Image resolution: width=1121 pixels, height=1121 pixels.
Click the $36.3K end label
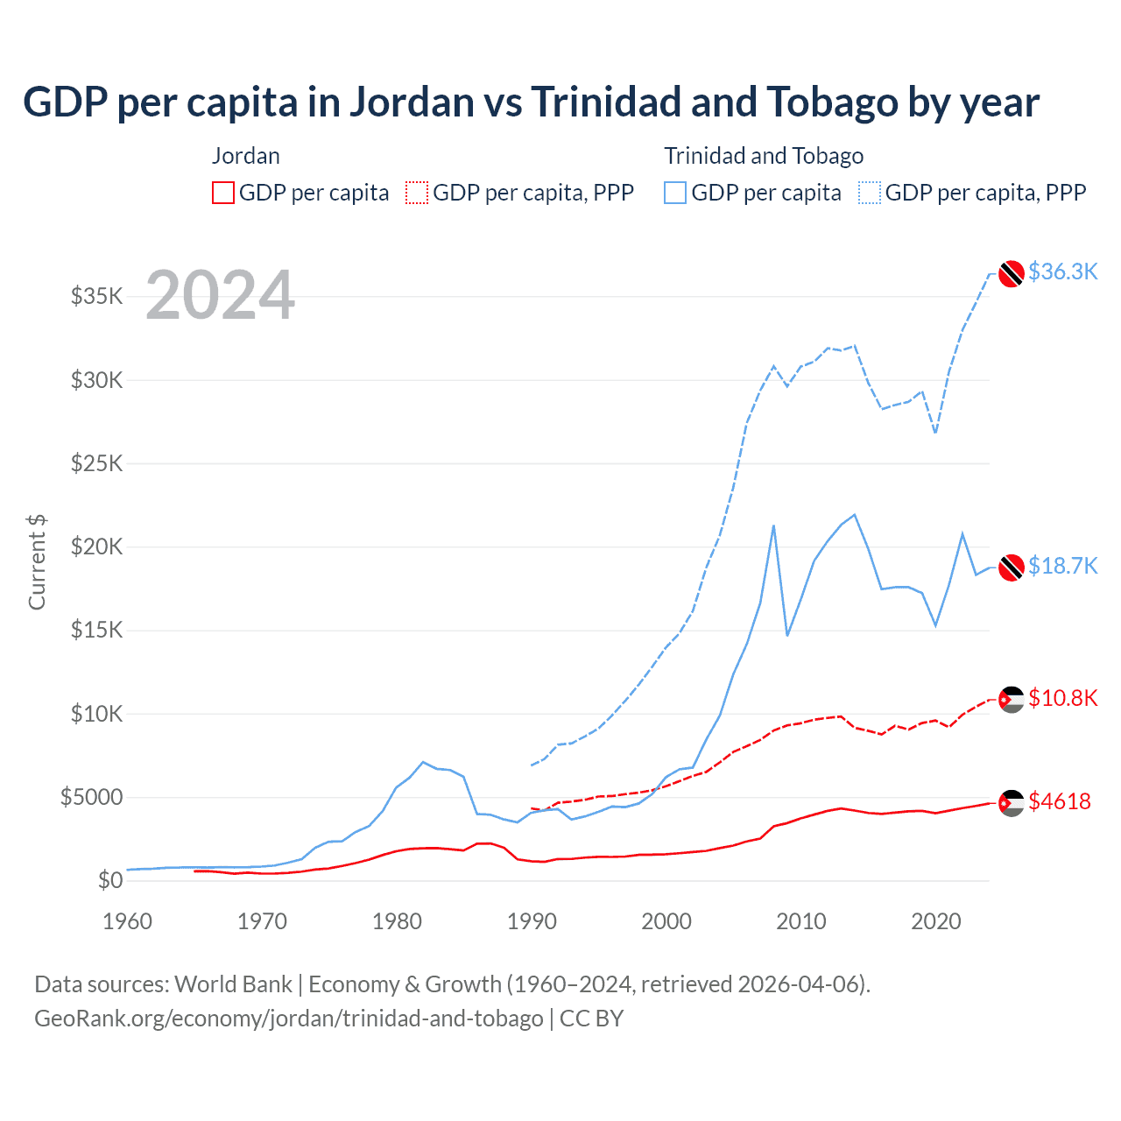click(x=1062, y=271)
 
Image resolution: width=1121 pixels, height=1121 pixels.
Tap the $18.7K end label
click(x=1062, y=566)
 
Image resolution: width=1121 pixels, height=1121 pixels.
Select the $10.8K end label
click(x=1062, y=698)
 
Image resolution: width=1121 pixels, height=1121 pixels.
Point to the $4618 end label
click(x=1060, y=801)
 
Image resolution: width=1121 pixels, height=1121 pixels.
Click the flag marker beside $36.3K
click(x=1012, y=273)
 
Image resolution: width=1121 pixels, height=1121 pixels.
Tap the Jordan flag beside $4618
click(x=1012, y=802)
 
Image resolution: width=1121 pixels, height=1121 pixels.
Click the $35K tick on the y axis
click(x=97, y=296)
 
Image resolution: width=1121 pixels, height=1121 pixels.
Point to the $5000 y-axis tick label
click(x=92, y=797)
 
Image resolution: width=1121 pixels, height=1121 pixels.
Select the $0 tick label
click(x=110, y=880)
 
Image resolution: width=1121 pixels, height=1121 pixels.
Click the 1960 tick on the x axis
click(x=128, y=921)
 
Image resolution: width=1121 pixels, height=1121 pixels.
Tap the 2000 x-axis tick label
click(x=666, y=921)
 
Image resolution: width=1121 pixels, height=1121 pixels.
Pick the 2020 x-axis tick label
click(x=936, y=921)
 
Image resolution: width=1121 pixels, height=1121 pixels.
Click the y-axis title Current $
click(x=37, y=562)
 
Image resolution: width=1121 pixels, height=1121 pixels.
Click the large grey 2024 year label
click(x=220, y=295)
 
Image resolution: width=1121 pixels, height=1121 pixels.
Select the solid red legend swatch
click(x=223, y=193)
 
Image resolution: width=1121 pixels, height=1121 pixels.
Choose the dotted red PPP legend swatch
click(x=417, y=193)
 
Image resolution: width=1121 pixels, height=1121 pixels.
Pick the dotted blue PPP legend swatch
click(x=870, y=193)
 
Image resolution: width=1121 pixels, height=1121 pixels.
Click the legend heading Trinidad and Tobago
click(x=764, y=156)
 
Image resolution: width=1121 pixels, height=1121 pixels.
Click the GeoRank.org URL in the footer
click(x=289, y=1019)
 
